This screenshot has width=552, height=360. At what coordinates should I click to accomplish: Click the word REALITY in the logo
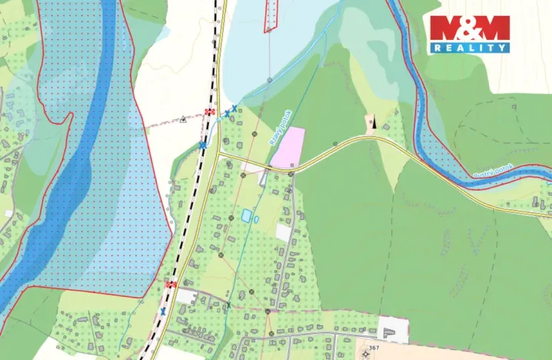(469, 48)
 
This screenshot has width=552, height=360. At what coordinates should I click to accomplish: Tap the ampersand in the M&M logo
(469, 28)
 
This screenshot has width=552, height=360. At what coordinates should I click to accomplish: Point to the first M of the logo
(445, 28)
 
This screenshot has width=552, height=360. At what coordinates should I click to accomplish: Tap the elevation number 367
(374, 348)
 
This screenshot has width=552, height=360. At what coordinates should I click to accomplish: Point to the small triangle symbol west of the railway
(183, 119)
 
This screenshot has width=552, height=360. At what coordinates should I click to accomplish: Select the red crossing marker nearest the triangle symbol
(209, 112)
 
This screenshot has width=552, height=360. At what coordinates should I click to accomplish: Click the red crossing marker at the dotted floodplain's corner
(171, 285)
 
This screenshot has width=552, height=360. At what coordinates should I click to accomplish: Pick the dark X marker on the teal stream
(228, 306)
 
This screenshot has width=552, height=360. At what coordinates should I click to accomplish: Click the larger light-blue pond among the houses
(246, 216)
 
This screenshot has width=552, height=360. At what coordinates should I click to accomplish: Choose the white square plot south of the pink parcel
(283, 232)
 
